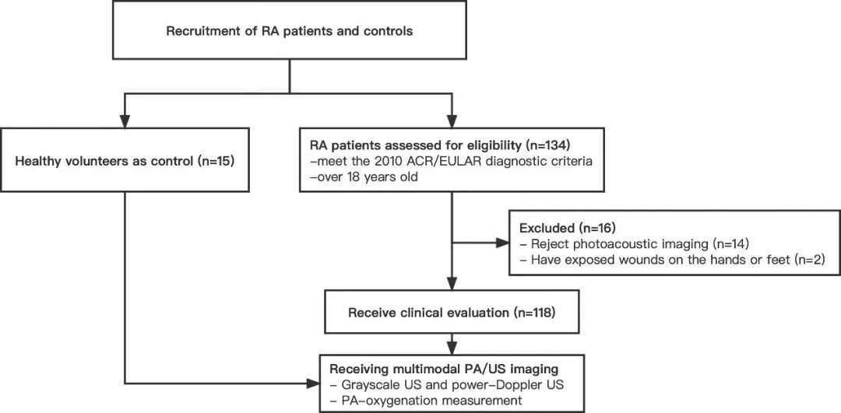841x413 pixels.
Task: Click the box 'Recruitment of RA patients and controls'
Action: (290, 30)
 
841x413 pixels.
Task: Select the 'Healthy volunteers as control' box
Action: (125, 159)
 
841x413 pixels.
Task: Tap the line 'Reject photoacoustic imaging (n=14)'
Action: (635, 245)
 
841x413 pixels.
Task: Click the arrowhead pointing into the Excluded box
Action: (503, 243)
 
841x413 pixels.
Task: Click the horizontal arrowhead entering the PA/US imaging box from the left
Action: (313, 383)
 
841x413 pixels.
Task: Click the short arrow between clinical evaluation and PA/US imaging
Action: (452, 343)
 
